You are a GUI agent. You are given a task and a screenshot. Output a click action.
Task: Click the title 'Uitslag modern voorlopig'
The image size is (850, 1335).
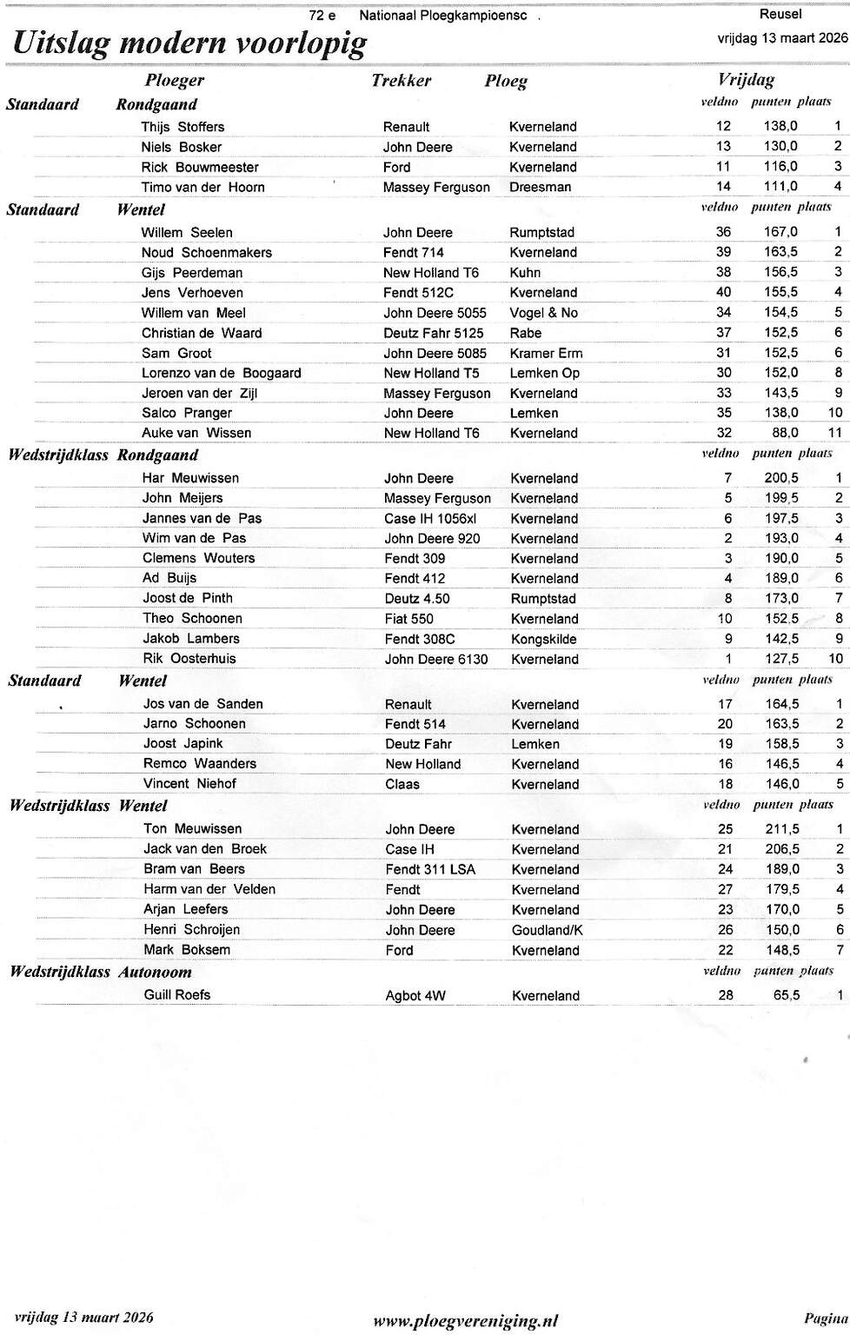point(189,43)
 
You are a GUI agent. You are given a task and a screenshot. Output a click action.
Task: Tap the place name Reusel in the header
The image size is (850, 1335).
point(780,14)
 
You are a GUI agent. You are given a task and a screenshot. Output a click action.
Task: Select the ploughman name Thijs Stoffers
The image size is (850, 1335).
point(183,127)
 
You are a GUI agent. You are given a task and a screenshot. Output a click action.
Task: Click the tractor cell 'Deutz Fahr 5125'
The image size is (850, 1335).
point(433,333)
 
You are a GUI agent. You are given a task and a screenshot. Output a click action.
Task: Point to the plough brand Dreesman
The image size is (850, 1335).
point(540,187)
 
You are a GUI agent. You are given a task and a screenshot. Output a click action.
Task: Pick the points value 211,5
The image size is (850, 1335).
point(781,829)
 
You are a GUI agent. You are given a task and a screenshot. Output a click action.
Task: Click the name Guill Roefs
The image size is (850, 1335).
point(177,995)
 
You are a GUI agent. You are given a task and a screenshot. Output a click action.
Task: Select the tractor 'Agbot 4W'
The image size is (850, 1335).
point(415,996)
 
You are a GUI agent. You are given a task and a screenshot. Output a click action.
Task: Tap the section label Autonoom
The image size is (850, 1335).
point(155,972)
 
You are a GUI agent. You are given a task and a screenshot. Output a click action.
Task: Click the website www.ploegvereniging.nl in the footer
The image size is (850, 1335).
point(465,1321)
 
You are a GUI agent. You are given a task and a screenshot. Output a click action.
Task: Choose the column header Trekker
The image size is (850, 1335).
point(401,81)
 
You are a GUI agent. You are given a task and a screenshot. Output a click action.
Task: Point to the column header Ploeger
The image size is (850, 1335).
point(175,81)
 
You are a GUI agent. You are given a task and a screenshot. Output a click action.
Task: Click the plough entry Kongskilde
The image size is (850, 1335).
point(543,639)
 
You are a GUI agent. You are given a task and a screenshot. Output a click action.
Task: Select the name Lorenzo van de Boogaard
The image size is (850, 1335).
point(222,373)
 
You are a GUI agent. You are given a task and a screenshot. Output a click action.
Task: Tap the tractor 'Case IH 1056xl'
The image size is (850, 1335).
point(430,519)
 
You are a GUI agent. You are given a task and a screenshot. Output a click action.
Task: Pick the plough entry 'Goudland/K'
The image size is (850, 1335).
point(547,930)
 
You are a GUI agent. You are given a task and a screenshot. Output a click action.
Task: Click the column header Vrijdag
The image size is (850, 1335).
point(746,80)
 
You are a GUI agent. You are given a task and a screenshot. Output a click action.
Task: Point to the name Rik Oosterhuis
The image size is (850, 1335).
point(189,659)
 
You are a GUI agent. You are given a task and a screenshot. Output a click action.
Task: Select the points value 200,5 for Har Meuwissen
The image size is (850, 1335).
point(781,478)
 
